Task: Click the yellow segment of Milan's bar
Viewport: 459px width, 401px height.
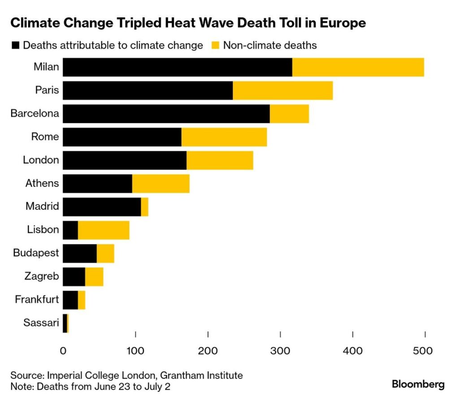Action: coord(358,67)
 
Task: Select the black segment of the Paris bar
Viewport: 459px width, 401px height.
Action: coord(147,90)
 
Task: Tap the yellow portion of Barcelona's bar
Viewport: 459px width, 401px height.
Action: coord(289,114)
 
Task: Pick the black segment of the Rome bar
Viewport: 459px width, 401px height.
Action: coord(122,137)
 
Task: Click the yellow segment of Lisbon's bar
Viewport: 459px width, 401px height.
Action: coord(104,230)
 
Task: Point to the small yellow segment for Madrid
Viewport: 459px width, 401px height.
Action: coord(145,207)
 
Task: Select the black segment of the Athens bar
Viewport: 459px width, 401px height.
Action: coord(97,183)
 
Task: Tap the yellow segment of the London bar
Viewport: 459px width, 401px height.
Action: coord(220,160)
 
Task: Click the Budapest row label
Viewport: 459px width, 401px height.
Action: coord(36,253)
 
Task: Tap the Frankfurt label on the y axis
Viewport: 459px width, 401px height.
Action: coord(37,299)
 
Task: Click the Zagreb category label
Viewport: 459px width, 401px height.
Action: coord(41,276)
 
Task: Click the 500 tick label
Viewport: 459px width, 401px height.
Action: coord(424,350)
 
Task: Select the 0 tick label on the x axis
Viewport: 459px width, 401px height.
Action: coord(63,350)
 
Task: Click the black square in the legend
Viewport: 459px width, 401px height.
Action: coord(16,45)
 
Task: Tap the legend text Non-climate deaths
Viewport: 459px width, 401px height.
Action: coord(270,45)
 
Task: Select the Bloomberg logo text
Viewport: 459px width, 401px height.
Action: coord(418,384)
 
